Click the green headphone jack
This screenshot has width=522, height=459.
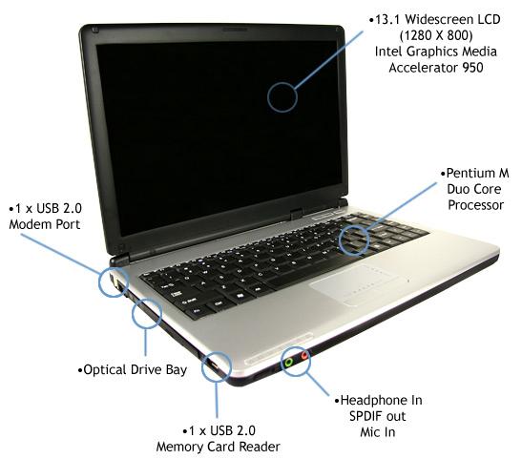tap(288, 362)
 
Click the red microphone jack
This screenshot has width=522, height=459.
tap(304, 356)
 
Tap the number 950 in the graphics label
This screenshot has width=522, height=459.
tap(472, 68)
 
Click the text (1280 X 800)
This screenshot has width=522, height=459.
tap(436, 35)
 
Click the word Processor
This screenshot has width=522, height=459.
tap(475, 205)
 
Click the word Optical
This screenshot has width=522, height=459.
tap(105, 370)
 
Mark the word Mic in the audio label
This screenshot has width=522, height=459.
tap(368, 432)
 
